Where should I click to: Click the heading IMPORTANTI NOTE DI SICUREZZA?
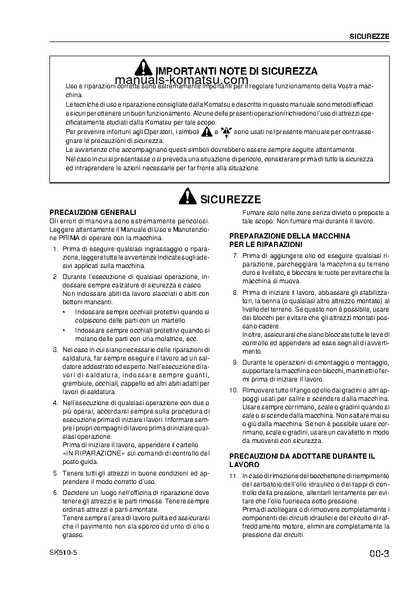(237, 71)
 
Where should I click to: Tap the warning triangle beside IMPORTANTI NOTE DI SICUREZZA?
(143, 69)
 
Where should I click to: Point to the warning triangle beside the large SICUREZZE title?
(187, 198)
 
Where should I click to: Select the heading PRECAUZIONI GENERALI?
(93, 212)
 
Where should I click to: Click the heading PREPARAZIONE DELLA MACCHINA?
(290, 236)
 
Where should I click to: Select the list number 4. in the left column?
(56, 403)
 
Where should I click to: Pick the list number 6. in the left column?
(56, 493)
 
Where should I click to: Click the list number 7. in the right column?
(236, 256)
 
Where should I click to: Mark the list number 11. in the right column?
(234, 475)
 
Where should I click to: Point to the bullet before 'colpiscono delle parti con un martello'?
(64, 312)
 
